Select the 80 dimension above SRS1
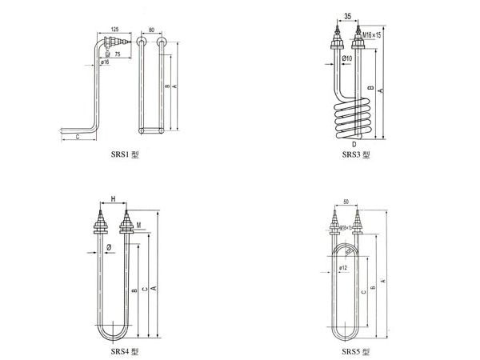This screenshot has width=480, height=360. point(152,30)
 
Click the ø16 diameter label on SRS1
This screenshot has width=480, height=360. point(106,62)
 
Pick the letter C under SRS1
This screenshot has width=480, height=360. point(77,138)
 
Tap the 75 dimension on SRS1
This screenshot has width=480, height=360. point(117,55)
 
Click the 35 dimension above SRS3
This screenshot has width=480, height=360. point(347,15)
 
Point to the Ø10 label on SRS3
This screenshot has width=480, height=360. point(347,58)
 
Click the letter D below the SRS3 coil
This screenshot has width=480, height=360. point(353,144)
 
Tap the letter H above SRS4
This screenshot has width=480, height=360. point(113,198)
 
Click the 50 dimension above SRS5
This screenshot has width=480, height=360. point(346,202)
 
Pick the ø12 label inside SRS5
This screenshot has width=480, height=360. point(342,267)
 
